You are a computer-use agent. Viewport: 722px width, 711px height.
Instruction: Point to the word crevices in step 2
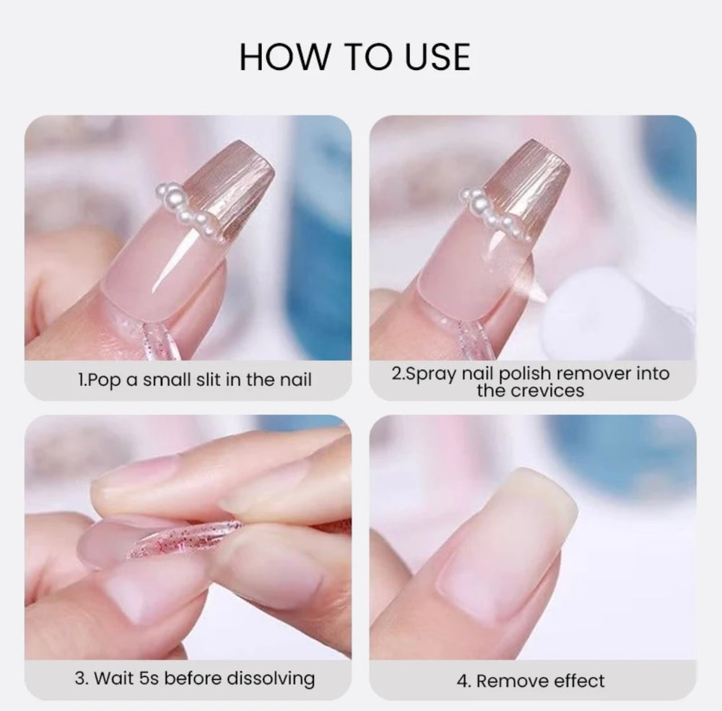coord(547,391)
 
